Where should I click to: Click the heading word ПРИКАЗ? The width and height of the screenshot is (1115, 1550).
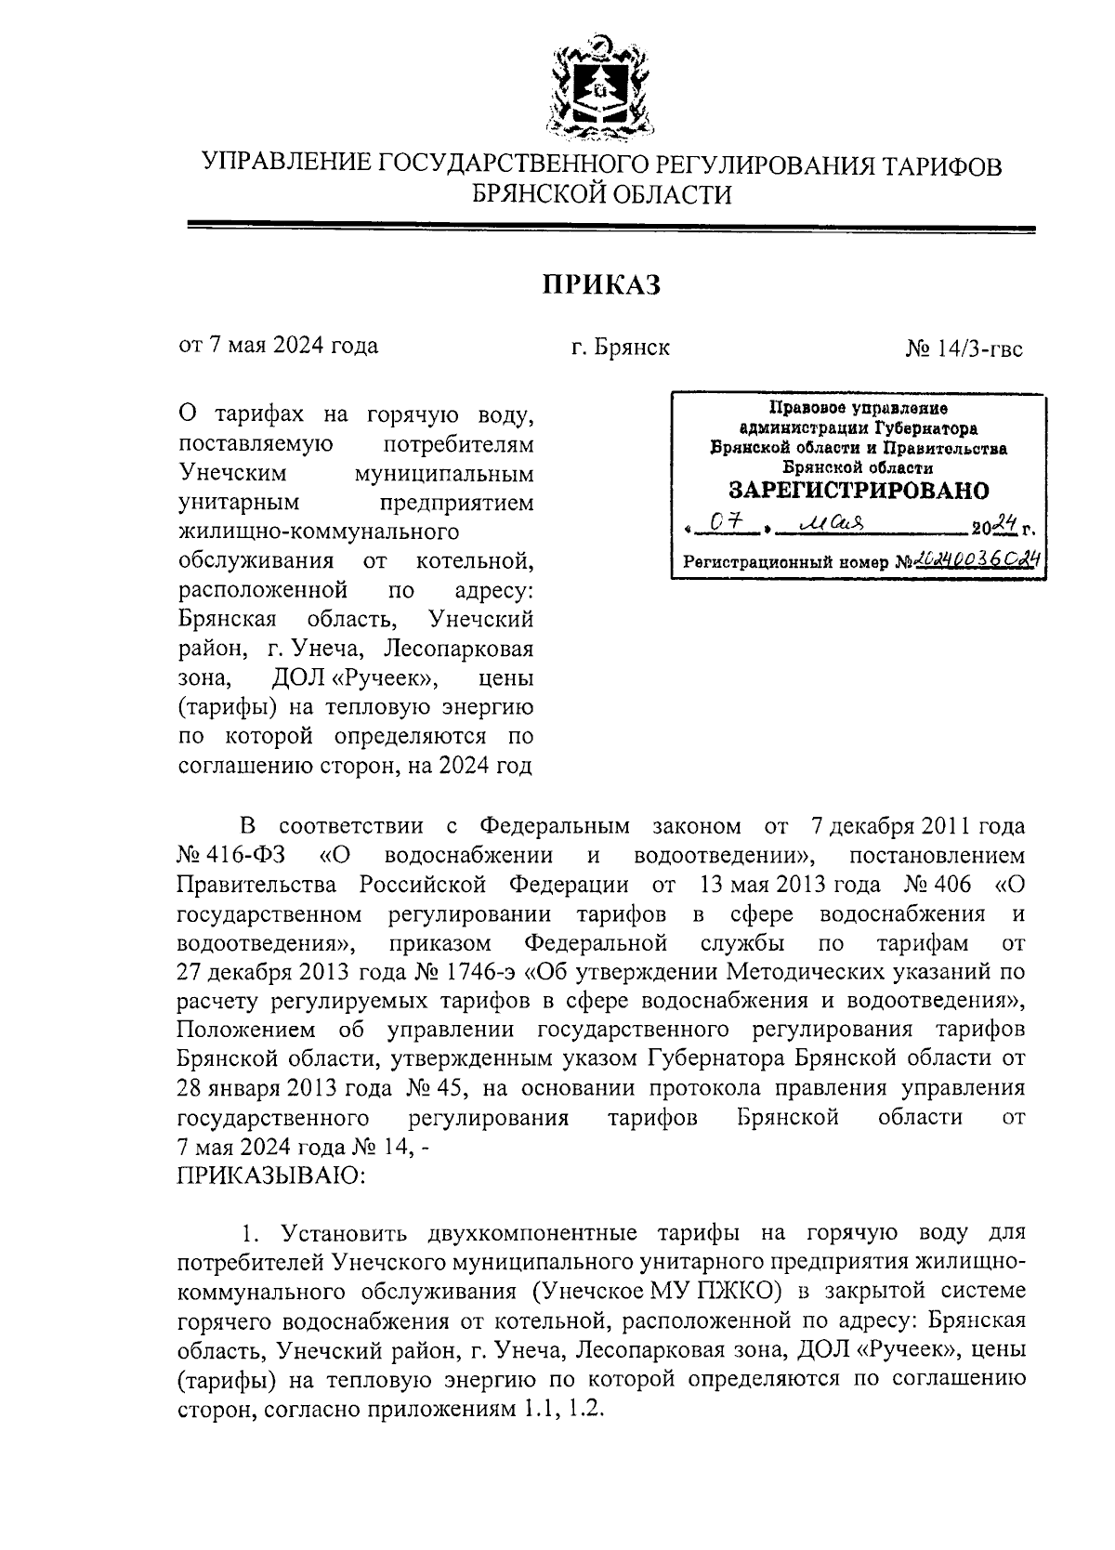point(601,284)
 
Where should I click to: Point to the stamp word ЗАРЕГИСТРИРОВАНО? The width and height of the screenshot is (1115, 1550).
point(859,490)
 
